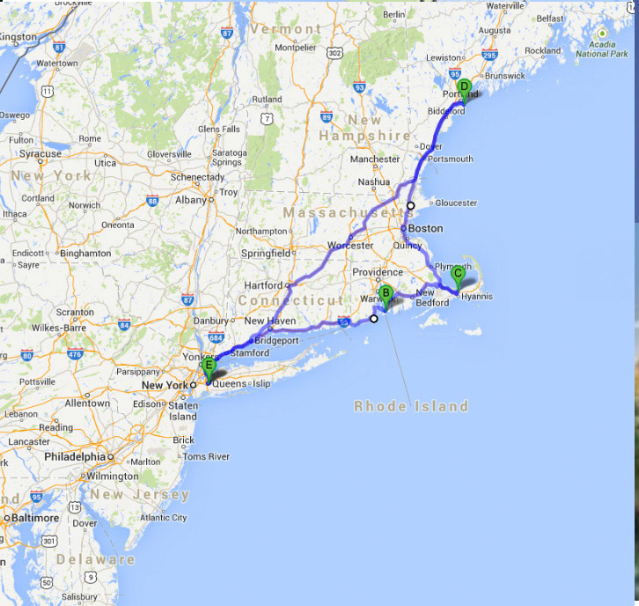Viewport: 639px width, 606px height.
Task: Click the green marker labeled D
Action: click(464, 87)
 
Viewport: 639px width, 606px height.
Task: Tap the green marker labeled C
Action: click(458, 274)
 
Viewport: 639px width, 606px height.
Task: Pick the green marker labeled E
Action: click(209, 366)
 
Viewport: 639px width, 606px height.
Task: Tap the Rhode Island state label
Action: click(411, 406)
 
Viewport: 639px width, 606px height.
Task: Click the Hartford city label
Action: click(264, 285)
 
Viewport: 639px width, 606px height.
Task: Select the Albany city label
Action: click(190, 200)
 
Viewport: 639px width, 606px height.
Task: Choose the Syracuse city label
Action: click(40, 154)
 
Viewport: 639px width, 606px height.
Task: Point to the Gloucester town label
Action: click(456, 203)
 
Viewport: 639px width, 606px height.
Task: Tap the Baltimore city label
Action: click(33, 518)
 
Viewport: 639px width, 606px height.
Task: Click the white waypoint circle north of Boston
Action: click(410, 205)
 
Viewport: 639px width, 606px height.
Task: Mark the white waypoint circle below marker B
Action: click(373, 319)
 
